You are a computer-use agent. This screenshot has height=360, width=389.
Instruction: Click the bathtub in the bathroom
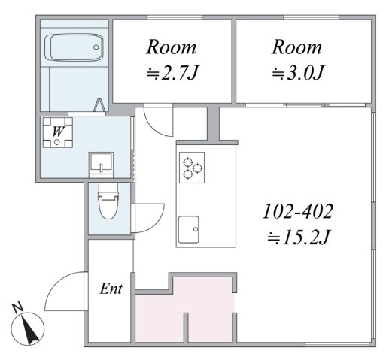pos(74,47)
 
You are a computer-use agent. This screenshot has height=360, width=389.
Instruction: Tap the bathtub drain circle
pos(96,47)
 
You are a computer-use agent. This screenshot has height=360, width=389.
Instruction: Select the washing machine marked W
pos(58,132)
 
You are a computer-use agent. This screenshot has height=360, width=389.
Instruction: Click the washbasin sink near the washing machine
pos(101,164)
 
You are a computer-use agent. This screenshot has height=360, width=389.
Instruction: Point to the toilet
pos(108,201)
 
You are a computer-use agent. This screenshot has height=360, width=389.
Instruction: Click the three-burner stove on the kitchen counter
pos(192,168)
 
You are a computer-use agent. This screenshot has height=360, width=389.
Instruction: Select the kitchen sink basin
pos(189,229)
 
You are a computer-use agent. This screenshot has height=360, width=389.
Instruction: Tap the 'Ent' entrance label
pos(111,289)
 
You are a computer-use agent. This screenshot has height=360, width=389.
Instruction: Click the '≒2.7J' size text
pos(172,73)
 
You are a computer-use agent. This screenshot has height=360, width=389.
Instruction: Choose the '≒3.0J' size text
pos(298,73)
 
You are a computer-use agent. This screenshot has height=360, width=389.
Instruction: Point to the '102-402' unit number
pos(298,212)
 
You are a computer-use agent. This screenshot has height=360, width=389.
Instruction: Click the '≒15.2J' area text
pos(298,237)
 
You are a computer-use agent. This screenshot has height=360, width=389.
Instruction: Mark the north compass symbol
pos(28,328)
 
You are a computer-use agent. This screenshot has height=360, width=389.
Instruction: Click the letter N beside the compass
pos(17,308)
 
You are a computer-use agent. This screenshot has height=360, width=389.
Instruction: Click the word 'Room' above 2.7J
pos(171,47)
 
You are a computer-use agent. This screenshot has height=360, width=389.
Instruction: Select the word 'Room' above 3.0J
pos(296,47)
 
